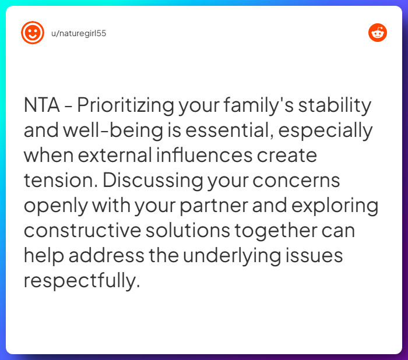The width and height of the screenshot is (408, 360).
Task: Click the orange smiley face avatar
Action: point(33,33)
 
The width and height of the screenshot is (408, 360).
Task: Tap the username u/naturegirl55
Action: point(79,33)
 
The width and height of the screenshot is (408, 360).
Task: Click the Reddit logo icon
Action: point(378,33)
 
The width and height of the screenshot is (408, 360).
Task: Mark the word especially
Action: point(327,131)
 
